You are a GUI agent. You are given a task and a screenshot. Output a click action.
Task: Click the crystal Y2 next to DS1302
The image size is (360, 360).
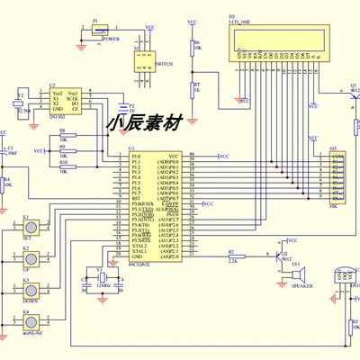tap(19, 103)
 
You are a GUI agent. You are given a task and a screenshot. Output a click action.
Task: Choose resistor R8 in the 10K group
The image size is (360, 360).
tap(63, 134)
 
